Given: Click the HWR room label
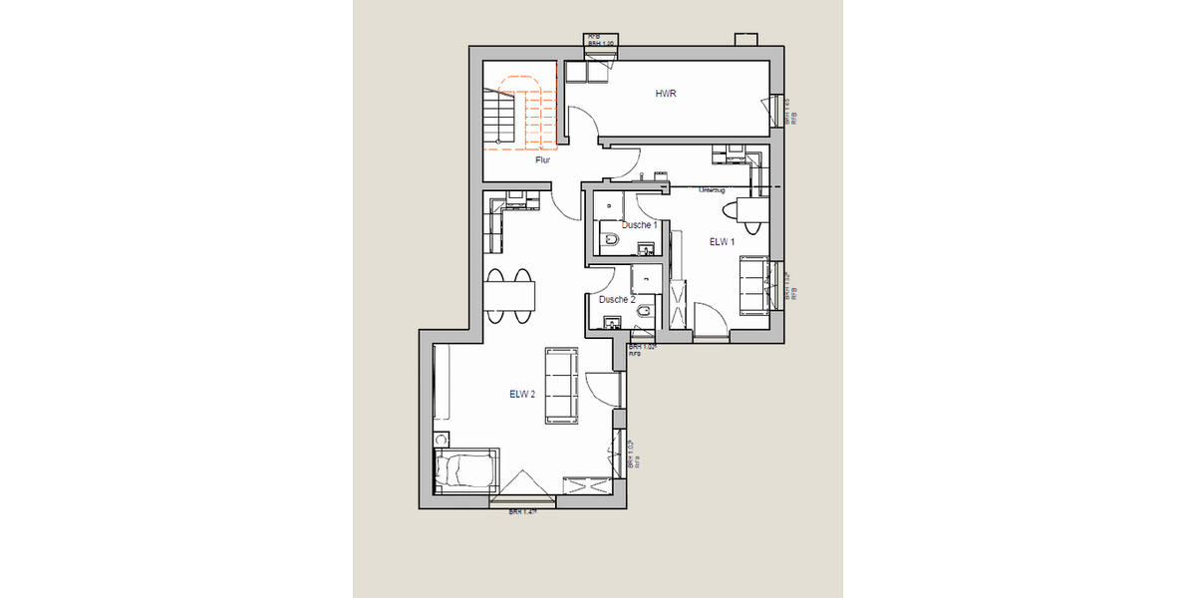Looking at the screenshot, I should pyautogui.click(x=666, y=94).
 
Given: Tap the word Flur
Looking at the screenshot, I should pyautogui.click(x=543, y=159).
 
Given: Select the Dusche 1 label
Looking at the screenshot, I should pyautogui.click(x=639, y=225).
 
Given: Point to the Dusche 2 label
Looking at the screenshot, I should pyautogui.click(x=617, y=299).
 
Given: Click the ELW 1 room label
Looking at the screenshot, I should pyautogui.click(x=722, y=242).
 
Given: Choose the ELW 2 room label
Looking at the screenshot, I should pyautogui.click(x=522, y=394).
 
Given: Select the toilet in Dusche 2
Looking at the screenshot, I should pyautogui.click(x=643, y=316).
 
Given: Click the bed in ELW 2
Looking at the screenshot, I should pyautogui.click(x=466, y=469).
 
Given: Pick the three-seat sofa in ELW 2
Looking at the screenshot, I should pyautogui.click(x=562, y=386).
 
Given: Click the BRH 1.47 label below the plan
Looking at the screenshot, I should pyautogui.click(x=522, y=512).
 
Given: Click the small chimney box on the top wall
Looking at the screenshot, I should pyautogui.click(x=746, y=40).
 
